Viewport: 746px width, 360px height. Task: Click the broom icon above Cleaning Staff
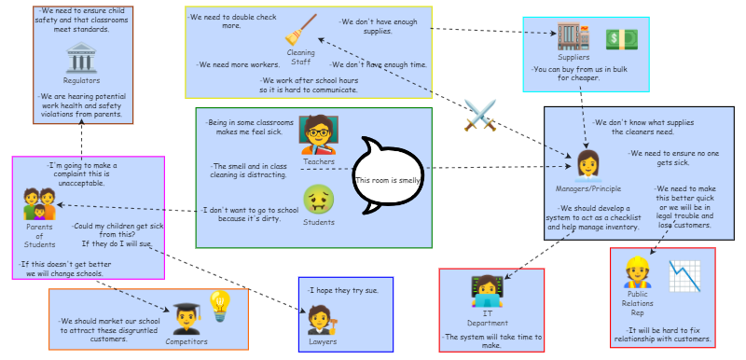(300, 30)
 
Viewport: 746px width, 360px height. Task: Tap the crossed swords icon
(480, 115)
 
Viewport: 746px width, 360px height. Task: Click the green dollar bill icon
(621, 39)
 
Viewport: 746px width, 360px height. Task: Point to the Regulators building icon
(81, 58)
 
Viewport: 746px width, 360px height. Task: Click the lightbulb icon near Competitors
(220, 306)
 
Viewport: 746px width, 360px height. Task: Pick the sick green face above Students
(319, 199)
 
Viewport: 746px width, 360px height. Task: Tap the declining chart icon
(684, 276)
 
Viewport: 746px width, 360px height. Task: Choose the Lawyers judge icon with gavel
(322, 320)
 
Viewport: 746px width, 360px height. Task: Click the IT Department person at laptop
(487, 291)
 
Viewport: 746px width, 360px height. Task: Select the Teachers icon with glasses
(319, 134)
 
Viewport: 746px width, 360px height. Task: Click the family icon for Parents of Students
(39, 204)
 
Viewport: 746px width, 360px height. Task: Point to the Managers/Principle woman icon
(587, 166)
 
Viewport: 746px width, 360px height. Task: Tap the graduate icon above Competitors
(186, 319)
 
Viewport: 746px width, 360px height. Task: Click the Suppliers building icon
(573, 36)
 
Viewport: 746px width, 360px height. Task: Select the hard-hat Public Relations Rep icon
(637, 272)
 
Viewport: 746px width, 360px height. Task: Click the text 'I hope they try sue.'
(343, 291)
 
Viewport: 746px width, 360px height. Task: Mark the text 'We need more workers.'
(239, 64)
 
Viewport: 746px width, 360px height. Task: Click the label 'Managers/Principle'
(588, 188)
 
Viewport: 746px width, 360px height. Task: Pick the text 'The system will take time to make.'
(491, 341)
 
